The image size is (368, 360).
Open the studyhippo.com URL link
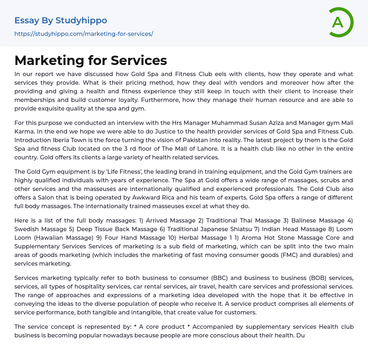[x=84, y=34]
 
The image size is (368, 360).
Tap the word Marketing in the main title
[x=48, y=60]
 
